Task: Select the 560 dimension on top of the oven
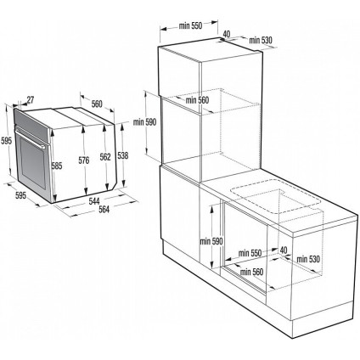click(96, 104)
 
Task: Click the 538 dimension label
click(125, 155)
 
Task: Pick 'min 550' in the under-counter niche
click(250, 254)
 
